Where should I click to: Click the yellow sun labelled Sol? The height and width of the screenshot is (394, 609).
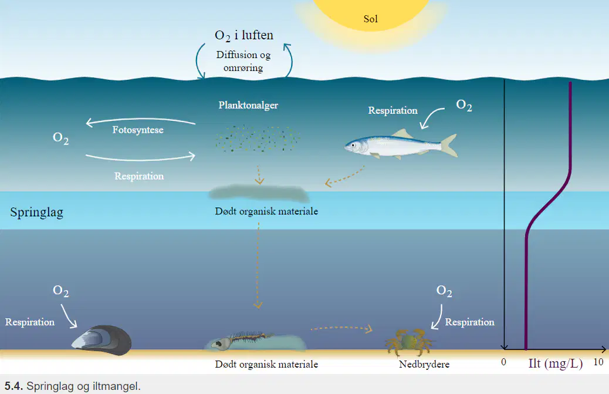tap(371, 14)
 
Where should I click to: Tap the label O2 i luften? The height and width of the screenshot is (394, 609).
tap(244, 36)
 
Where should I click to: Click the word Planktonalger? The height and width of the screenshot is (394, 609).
tap(248, 105)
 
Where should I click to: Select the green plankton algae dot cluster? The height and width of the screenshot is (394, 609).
tap(257, 139)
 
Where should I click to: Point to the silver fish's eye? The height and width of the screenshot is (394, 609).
tap(353, 145)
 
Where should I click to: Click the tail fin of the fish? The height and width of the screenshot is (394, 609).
tap(449, 145)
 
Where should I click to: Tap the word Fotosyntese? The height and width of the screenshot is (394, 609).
tap(138, 130)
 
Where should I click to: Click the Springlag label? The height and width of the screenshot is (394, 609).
tap(36, 213)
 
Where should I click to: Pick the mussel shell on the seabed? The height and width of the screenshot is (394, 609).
tap(101, 340)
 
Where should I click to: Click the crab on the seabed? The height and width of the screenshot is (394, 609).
tap(409, 342)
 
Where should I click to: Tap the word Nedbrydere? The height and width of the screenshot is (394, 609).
tap(424, 364)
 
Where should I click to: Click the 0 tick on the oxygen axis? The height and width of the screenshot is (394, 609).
tap(504, 362)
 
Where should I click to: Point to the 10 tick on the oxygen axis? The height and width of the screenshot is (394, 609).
tap(598, 362)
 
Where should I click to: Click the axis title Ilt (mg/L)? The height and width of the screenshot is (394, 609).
tap(556, 363)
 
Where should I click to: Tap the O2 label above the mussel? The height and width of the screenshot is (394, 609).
tap(60, 291)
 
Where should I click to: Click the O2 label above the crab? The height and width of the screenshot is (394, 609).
tap(444, 291)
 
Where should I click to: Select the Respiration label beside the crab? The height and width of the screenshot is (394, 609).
tap(469, 322)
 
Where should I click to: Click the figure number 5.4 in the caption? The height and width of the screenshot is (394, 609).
tap(13, 386)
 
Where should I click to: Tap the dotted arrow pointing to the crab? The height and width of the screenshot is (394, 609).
tap(341, 328)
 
